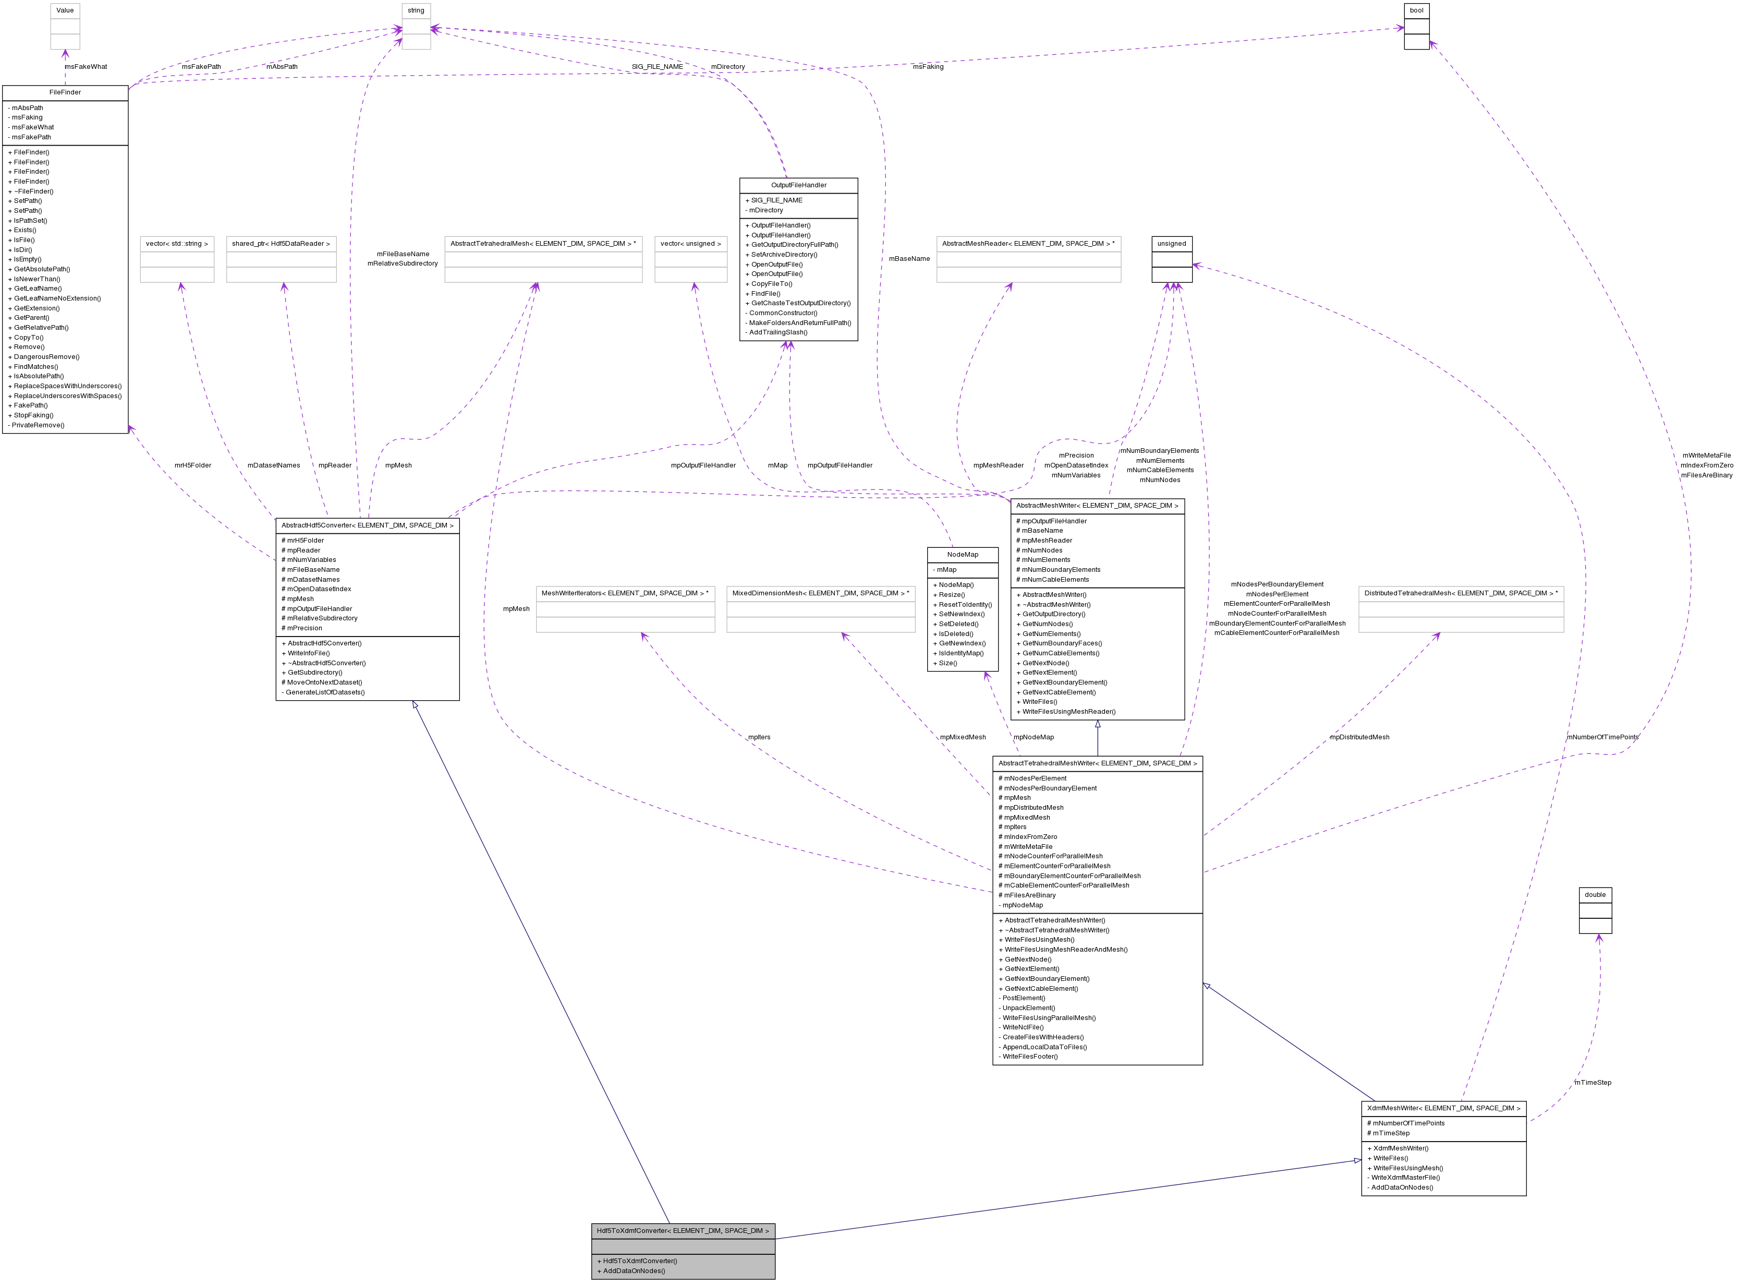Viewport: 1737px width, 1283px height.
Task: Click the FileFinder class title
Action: coord(65,92)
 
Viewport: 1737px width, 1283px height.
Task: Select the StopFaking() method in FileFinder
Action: coord(33,415)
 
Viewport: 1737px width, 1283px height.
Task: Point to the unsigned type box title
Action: coord(1171,244)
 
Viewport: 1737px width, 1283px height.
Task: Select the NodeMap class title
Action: coord(963,555)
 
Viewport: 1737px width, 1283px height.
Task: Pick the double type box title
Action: coord(1595,895)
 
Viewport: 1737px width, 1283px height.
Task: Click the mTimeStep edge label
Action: coord(1593,1083)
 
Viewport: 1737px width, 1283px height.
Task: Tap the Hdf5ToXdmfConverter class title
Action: coord(683,1231)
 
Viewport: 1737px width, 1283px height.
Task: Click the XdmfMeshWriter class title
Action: coord(1443,1108)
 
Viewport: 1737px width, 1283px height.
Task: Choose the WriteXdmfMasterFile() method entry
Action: coord(1407,1178)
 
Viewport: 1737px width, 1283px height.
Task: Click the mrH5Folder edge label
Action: coord(192,466)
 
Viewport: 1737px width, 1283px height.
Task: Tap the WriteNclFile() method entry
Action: coord(1023,1027)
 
